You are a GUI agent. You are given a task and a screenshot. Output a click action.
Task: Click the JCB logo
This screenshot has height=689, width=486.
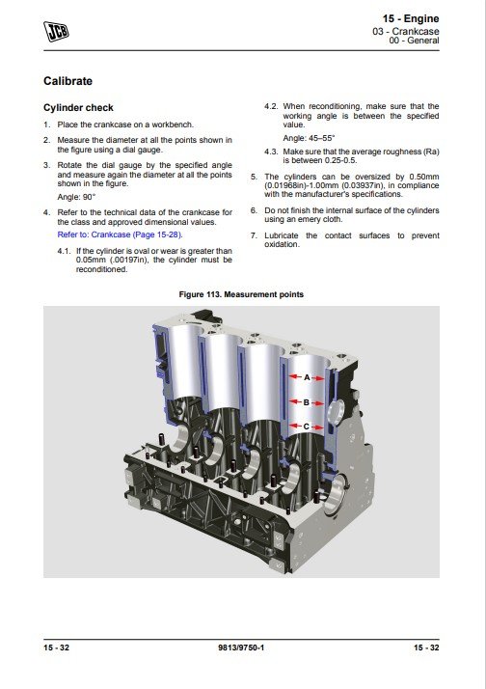[x=56, y=31]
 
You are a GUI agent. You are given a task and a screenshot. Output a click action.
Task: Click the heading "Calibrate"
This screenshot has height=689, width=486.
[x=68, y=81]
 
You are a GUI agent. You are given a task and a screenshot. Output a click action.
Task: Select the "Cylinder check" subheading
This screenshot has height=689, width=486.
[x=78, y=108]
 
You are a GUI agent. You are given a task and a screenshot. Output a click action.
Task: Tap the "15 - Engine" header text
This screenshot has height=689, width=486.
[x=411, y=18]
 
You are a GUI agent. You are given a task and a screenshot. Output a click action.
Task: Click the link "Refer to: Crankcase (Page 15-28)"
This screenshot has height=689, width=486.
[x=120, y=234]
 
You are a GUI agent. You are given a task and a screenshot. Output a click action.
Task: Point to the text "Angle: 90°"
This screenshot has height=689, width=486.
[x=76, y=197]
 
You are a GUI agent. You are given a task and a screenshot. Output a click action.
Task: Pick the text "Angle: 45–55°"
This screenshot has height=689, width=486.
[x=310, y=138]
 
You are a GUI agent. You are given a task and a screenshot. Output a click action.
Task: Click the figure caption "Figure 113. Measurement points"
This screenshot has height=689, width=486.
[x=241, y=294]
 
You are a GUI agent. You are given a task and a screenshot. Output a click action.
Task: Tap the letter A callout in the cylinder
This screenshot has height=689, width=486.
[x=307, y=377]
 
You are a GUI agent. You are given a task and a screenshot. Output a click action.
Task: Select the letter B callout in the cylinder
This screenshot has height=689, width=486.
[x=307, y=402]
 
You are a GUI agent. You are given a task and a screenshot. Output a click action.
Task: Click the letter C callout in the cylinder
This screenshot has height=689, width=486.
[x=307, y=427]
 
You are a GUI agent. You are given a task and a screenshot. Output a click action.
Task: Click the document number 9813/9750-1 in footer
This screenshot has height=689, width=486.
[x=241, y=648]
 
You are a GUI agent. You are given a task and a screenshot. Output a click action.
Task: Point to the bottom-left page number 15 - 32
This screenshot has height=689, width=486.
[x=57, y=648]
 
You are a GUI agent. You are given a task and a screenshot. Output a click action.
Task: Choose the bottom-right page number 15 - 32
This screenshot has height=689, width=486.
[x=426, y=648]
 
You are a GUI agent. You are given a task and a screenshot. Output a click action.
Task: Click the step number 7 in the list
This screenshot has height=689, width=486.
[x=254, y=235]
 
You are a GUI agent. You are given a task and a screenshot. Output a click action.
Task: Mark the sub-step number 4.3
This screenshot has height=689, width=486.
[x=271, y=152]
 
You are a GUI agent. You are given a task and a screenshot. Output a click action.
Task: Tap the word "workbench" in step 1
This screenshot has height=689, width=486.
[x=173, y=124]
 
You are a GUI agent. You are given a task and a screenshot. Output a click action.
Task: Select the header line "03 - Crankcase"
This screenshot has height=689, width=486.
[x=406, y=31]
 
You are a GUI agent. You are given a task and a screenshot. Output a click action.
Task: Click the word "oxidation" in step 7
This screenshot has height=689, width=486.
[x=282, y=244]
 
